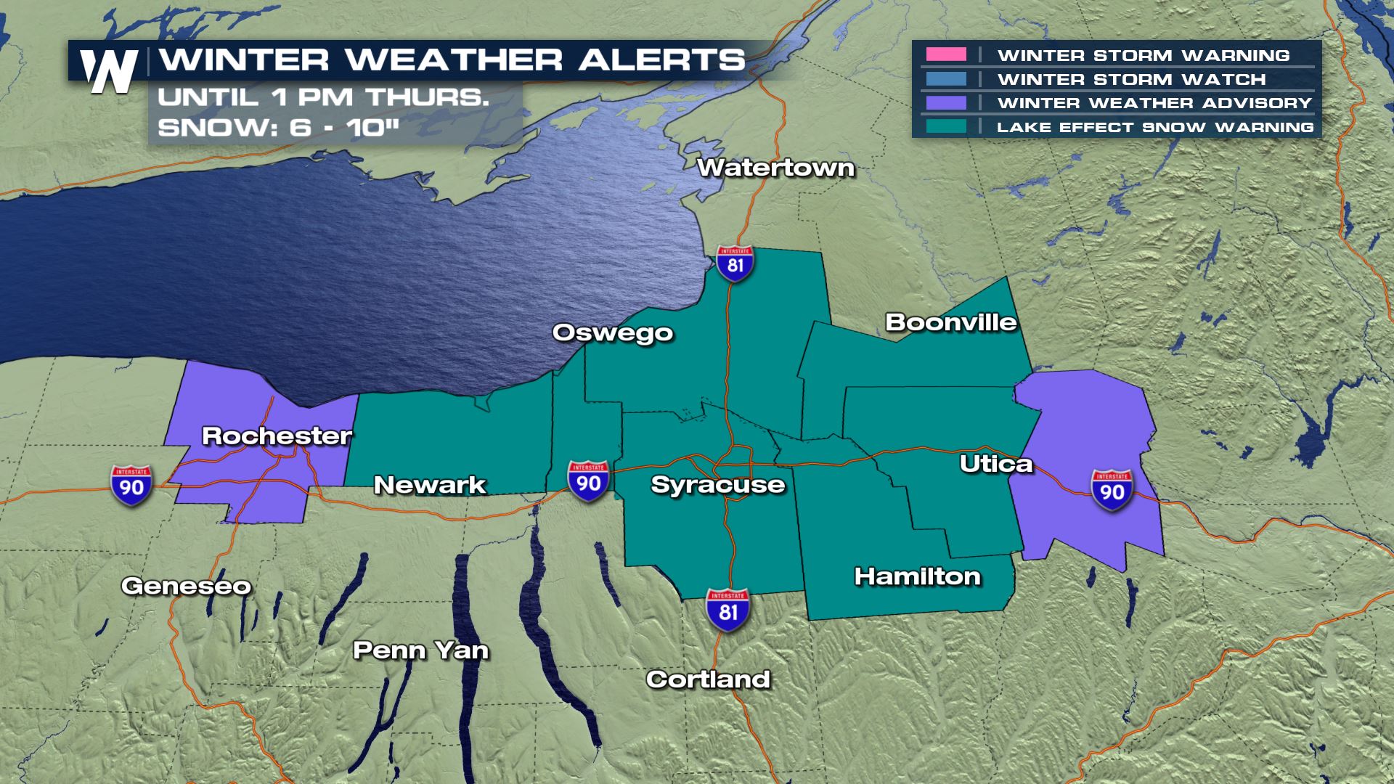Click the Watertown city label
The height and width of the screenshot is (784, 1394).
[775, 168]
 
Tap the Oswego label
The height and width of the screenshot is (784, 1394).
[613, 332]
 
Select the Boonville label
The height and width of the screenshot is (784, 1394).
[950, 322]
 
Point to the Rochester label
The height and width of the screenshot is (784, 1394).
[277, 436]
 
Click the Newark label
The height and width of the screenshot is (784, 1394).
[429, 485]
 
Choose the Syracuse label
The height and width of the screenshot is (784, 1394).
[717, 485]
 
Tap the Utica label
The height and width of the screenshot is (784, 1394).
[995, 464]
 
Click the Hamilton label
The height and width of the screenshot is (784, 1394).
[917, 576]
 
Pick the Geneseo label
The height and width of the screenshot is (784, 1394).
[186, 586]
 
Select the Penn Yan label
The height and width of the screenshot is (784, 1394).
[420, 650]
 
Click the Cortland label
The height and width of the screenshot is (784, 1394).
[708, 679]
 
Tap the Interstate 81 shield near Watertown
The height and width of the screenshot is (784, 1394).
[735, 264]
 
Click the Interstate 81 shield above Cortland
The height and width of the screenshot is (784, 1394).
[728, 610]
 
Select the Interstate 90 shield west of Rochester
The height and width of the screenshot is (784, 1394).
[131, 485]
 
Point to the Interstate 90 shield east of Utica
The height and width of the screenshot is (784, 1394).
[1112, 490]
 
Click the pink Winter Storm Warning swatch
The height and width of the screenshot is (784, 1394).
[946, 54]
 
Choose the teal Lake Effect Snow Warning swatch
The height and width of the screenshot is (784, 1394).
[946, 126]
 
